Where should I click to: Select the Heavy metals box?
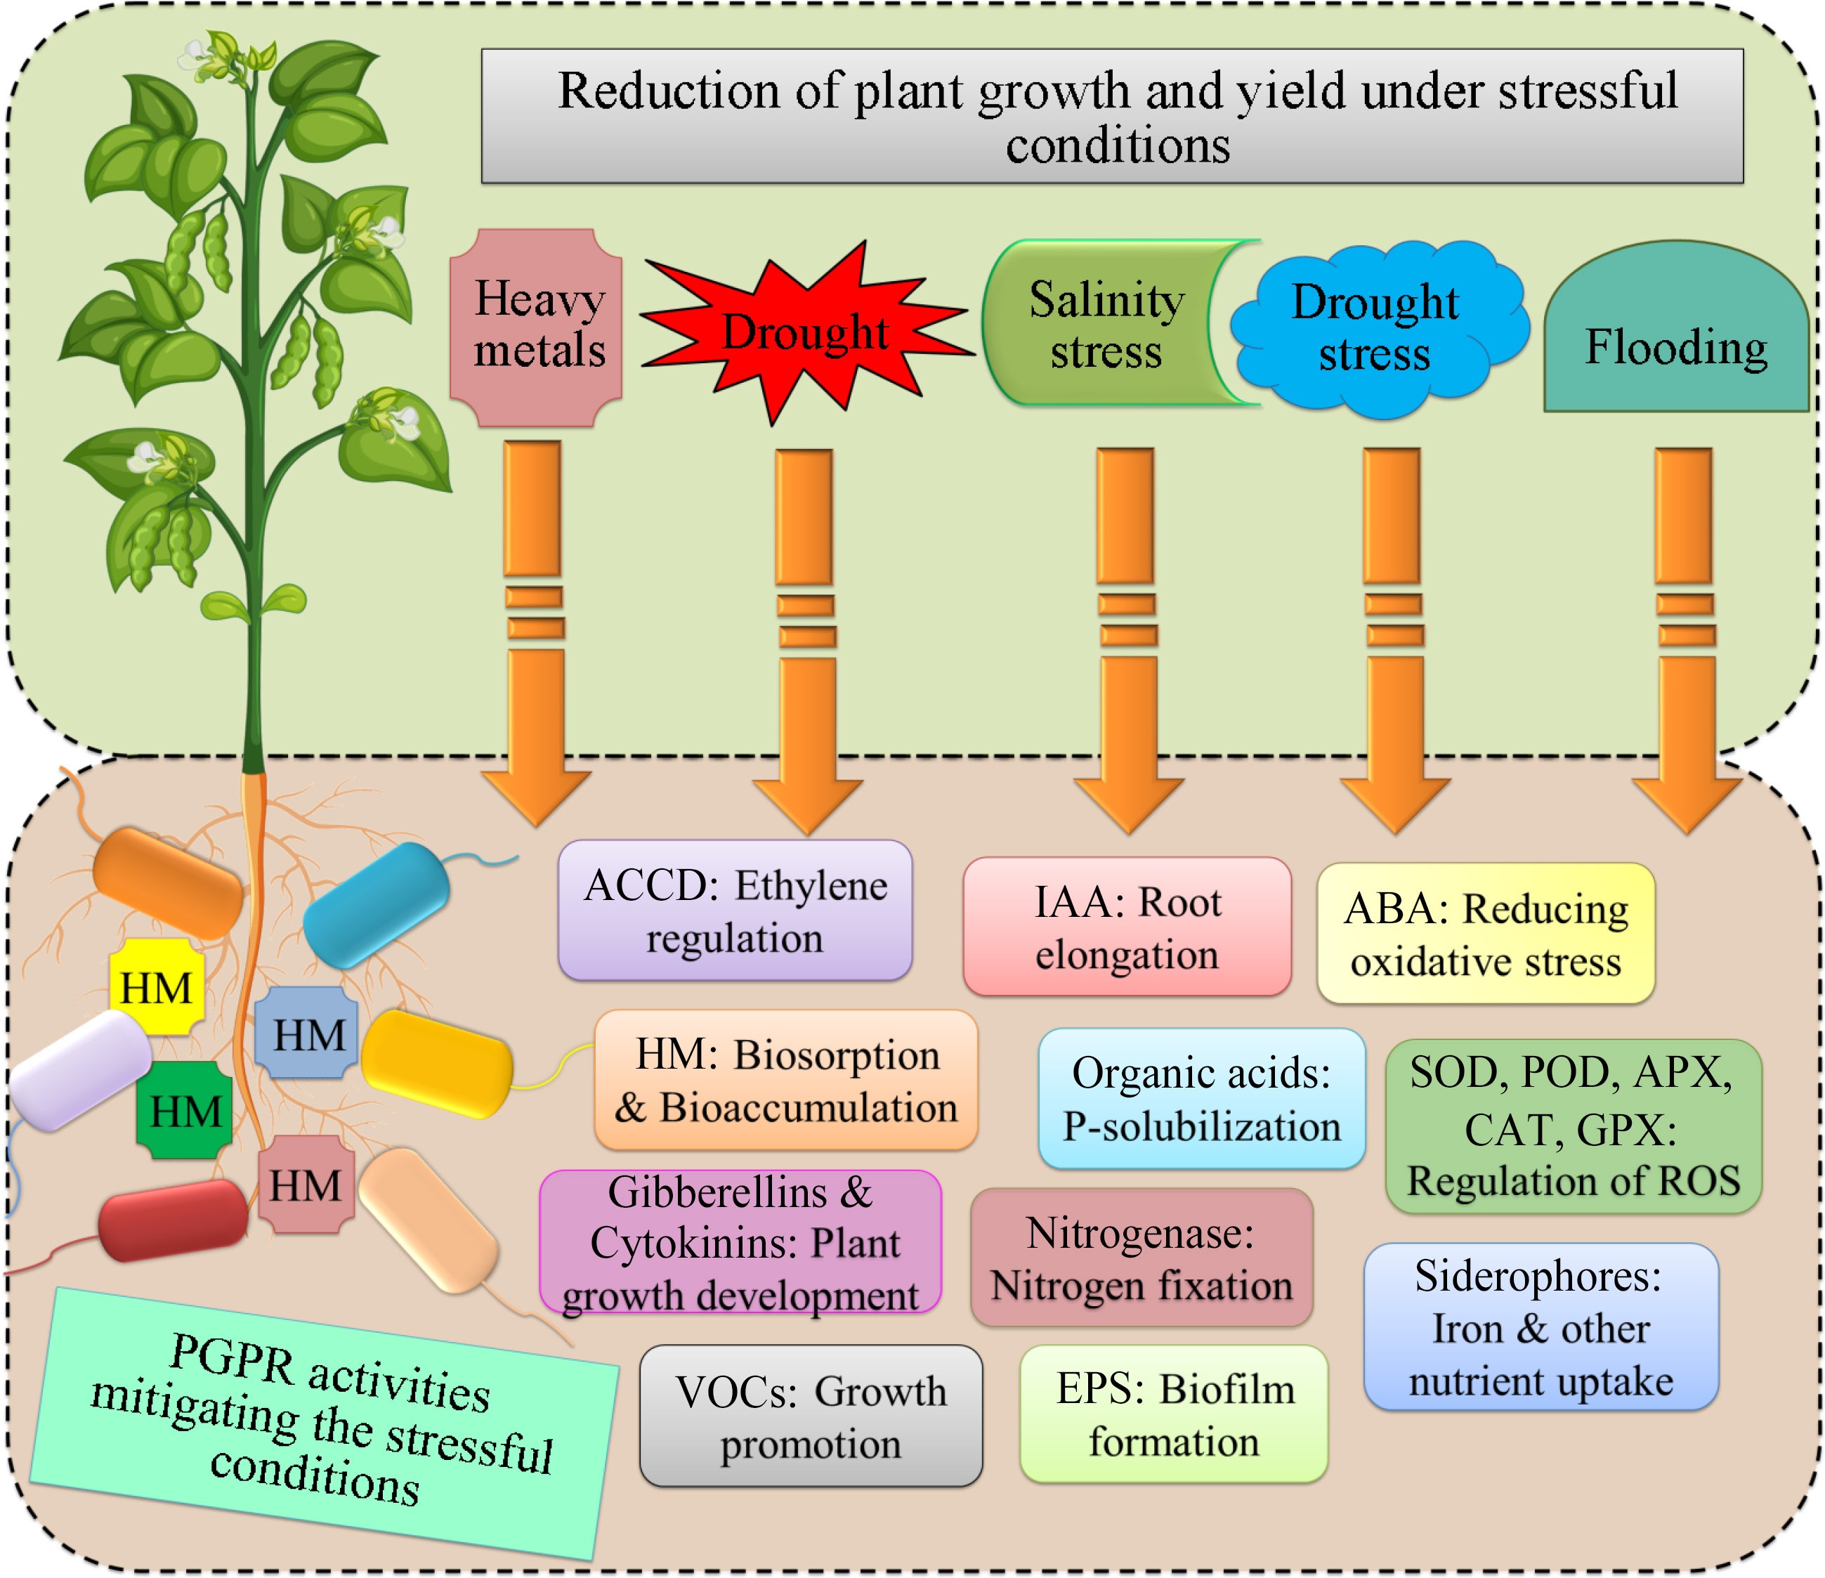[537, 326]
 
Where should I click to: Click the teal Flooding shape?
[1675, 344]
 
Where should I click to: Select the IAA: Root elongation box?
[1127, 927]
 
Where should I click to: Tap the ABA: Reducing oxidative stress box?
[1485, 933]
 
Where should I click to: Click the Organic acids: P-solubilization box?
[1201, 1099]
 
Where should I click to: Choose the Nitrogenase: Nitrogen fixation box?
[1141, 1258]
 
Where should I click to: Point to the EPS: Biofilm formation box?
[1173, 1414]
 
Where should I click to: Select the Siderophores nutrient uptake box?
[1541, 1327]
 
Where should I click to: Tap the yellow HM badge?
[157, 987]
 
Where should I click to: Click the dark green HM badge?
[185, 1110]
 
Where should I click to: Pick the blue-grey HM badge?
[306, 1033]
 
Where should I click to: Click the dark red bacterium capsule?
[172, 1220]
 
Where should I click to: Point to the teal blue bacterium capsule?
[376, 905]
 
